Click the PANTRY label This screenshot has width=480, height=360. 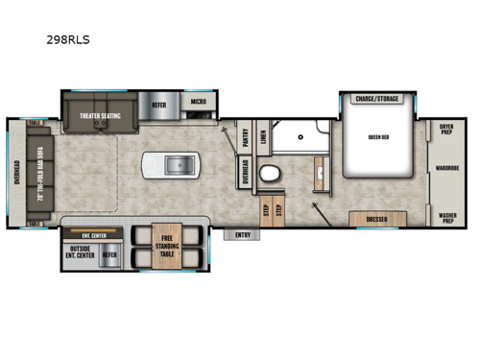click(x=245, y=137)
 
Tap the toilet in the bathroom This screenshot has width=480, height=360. click(x=270, y=174)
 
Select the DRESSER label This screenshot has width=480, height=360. click(x=376, y=220)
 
